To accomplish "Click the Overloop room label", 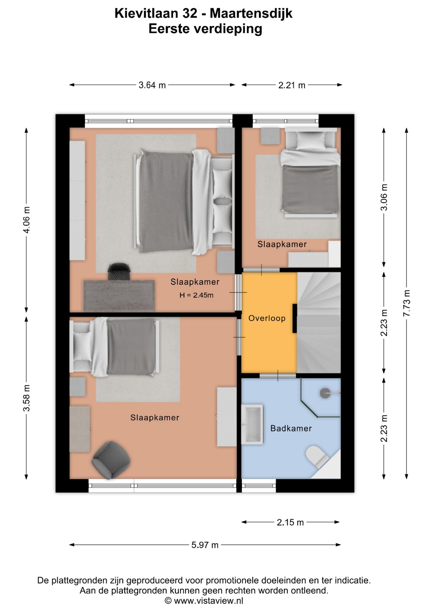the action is (267, 318).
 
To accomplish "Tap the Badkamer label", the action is (291, 428).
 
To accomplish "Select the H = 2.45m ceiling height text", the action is (196, 295).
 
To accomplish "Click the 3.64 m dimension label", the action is (152, 85).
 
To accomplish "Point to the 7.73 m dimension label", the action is (407, 303).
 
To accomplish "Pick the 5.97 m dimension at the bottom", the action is (205, 545).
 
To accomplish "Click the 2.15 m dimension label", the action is (290, 522).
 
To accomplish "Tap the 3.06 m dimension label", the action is (384, 197).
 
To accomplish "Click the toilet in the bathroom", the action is (318, 456).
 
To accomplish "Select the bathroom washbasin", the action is (252, 424).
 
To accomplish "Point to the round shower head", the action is (325, 393).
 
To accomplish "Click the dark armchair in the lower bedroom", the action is (111, 460).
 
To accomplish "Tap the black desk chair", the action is (119, 272).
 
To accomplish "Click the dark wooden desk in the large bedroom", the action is (119, 296).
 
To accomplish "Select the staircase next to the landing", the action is (319, 322).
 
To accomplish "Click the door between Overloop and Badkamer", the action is (278, 375).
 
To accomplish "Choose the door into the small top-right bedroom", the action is (261, 270).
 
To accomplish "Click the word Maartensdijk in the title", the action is (251, 14).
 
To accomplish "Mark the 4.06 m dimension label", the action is (27, 220).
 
